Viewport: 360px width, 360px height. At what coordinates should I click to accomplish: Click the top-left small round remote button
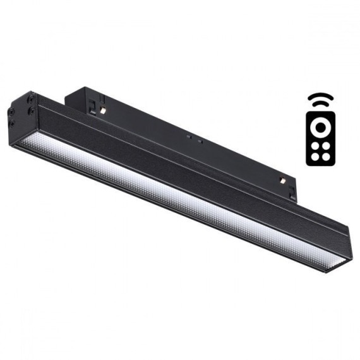[x=315, y=145]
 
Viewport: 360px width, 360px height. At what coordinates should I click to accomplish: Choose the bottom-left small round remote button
[x=315, y=156]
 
